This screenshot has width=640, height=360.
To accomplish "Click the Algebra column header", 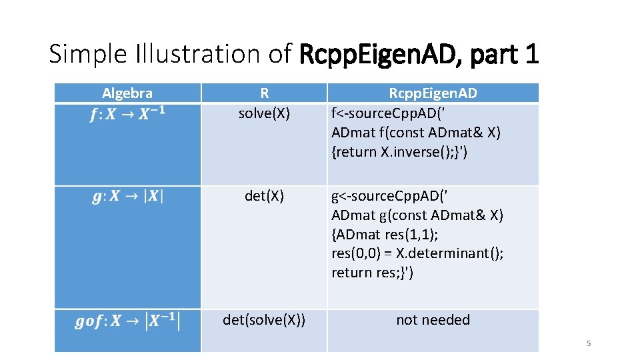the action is [x=127, y=93].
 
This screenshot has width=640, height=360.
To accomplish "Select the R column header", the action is [x=264, y=93].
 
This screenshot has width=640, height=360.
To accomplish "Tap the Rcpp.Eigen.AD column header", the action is [x=433, y=93].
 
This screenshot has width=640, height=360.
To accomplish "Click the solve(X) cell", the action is [x=264, y=113].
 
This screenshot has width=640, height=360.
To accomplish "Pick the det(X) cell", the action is [x=264, y=196].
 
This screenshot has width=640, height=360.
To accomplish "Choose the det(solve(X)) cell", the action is [x=264, y=320].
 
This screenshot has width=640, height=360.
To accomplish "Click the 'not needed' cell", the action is [x=433, y=320].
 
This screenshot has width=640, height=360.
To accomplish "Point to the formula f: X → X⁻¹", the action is [x=127, y=114].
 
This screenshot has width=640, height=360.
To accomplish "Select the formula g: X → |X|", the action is [x=127, y=197].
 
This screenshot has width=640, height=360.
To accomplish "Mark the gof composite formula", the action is [x=127, y=321].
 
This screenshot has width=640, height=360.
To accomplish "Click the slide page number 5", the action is [x=589, y=343].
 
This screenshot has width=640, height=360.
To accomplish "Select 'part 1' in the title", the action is [x=504, y=54].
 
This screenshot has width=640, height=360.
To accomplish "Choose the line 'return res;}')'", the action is [x=372, y=272].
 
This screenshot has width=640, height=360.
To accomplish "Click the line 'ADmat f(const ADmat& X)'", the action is [x=416, y=132].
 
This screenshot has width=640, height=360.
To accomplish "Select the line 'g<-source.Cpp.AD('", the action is [x=390, y=196].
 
